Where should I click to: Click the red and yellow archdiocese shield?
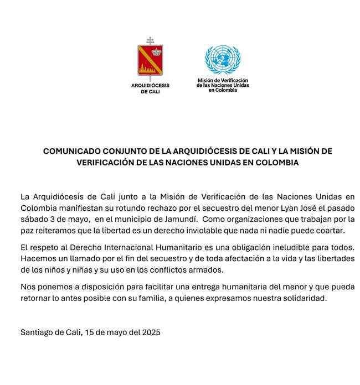(150, 60)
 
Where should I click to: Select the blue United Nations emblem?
(223, 60)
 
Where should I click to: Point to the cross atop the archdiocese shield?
(150, 40)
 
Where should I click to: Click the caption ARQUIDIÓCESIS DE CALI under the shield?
(150, 89)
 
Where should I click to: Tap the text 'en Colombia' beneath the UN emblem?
(223, 90)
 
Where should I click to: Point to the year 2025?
(151, 332)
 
